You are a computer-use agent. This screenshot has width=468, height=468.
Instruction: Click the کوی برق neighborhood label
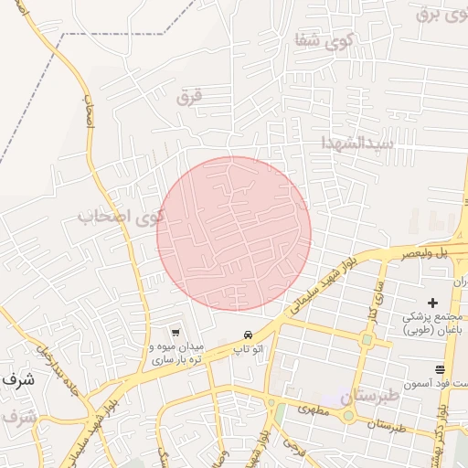point(441,14)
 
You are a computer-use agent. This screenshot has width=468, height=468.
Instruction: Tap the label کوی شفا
point(314,40)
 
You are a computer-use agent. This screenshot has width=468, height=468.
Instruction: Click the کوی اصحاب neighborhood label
point(121,218)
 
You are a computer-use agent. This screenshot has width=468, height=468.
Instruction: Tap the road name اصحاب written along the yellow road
point(90,112)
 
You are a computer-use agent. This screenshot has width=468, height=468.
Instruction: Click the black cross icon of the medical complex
point(432,303)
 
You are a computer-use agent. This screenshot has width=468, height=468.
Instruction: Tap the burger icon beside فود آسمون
point(441,369)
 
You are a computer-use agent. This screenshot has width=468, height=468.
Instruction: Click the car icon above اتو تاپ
point(248,334)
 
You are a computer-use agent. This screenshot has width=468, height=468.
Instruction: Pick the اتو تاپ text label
point(249,349)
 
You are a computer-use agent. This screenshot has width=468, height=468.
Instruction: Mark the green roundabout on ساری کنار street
point(367,340)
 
